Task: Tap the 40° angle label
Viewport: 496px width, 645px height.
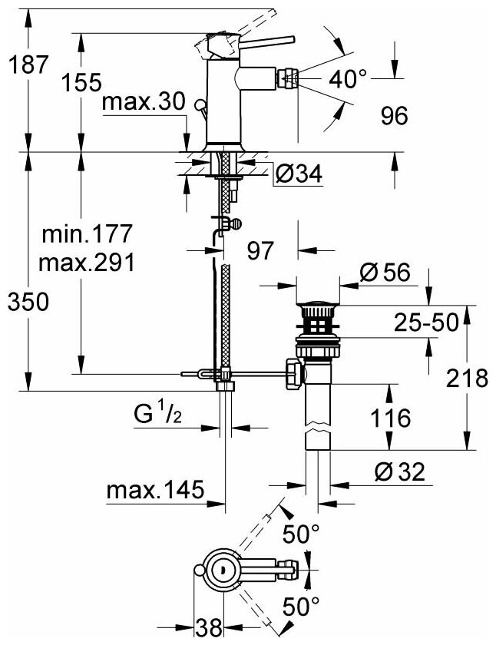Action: tap(349, 79)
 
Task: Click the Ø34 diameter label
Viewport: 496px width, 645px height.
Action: tap(297, 175)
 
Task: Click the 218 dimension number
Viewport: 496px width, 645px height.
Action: tap(469, 377)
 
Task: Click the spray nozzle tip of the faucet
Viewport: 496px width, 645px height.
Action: tap(291, 78)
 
